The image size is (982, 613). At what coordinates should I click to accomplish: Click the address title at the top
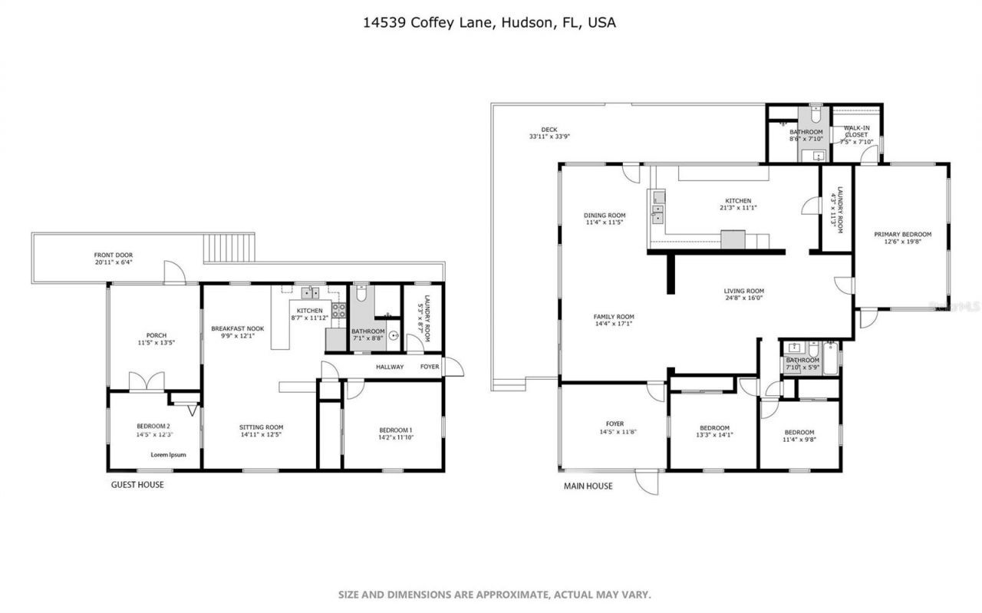(489, 23)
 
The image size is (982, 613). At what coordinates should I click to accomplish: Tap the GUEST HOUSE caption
(137, 485)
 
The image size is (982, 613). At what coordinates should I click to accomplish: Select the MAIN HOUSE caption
(588, 486)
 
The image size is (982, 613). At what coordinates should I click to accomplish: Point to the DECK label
(549, 130)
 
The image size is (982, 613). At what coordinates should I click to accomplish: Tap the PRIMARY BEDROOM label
(902, 235)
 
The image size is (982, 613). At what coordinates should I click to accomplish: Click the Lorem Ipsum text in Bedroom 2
(168, 454)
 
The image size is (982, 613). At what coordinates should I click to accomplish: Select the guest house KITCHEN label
(310, 311)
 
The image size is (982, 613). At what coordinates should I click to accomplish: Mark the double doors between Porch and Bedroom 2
(147, 381)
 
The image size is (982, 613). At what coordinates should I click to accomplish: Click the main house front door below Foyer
(646, 483)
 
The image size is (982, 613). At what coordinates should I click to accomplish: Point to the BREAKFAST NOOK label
(237, 328)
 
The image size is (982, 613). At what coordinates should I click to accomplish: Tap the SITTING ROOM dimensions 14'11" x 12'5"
(261, 435)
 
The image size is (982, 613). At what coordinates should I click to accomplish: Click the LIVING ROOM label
(743, 291)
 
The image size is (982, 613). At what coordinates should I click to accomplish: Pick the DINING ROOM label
(605, 216)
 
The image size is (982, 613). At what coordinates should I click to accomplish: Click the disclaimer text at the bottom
(495, 595)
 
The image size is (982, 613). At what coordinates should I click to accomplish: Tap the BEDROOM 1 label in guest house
(396, 430)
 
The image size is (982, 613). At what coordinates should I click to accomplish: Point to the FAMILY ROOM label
(614, 317)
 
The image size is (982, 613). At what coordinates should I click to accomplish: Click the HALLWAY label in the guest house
(390, 367)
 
